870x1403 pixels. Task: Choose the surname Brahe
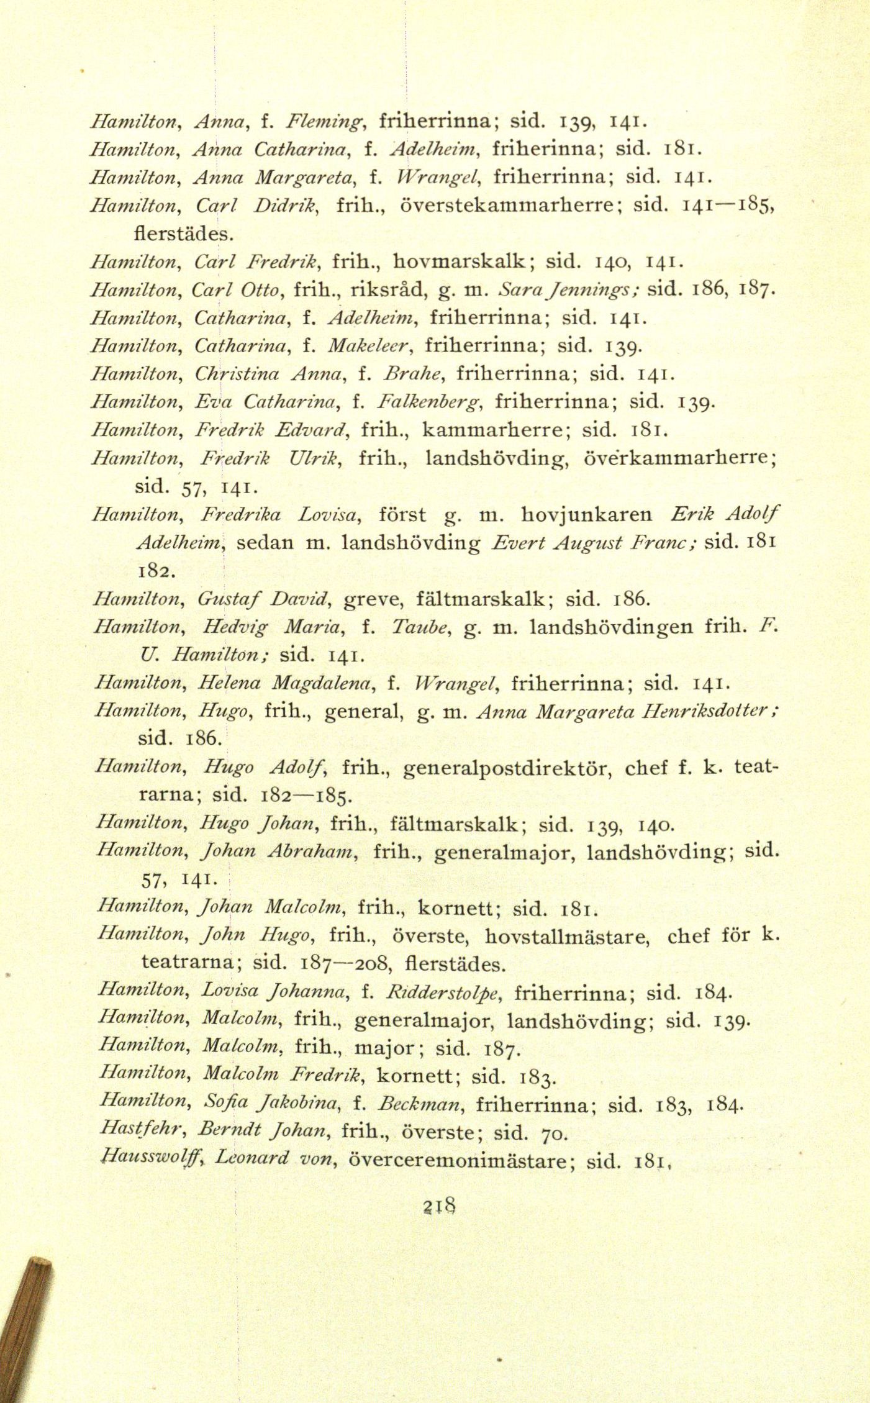click(404, 373)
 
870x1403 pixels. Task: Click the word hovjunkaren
click(587, 515)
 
